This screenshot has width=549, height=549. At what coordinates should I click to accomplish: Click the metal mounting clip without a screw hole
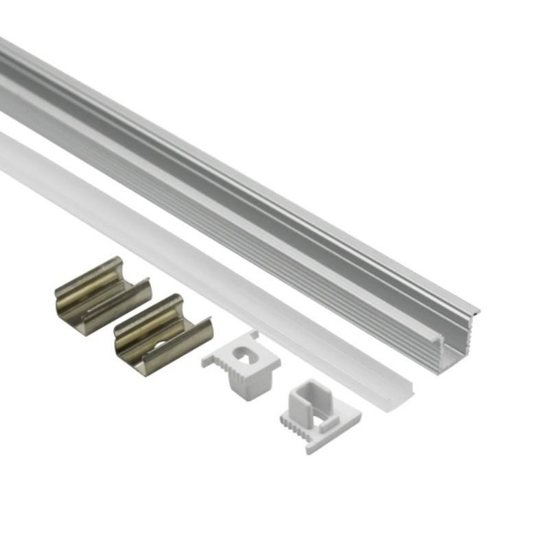coord(102,295)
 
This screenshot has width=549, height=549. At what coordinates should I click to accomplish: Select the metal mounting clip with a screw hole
coord(162,334)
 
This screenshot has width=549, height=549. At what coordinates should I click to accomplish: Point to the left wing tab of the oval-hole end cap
coord(209,360)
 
